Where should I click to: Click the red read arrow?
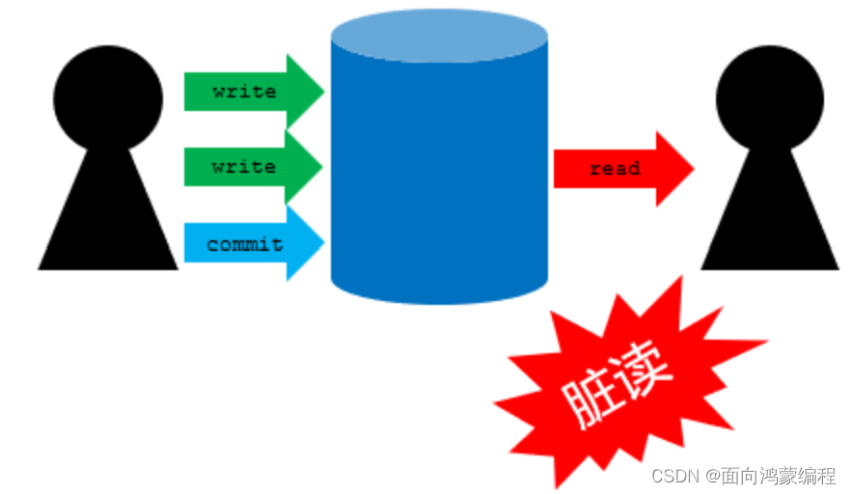tap(622, 169)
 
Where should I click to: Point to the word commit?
tap(245, 244)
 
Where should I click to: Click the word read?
tap(615, 169)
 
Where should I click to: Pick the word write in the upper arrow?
tap(244, 92)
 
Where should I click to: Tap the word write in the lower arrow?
tap(244, 167)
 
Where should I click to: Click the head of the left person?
tap(107, 97)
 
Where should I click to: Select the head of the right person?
tap(769, 97)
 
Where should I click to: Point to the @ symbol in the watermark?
tap(712, 476)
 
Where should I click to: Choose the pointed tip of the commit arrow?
tap(321, 243)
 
